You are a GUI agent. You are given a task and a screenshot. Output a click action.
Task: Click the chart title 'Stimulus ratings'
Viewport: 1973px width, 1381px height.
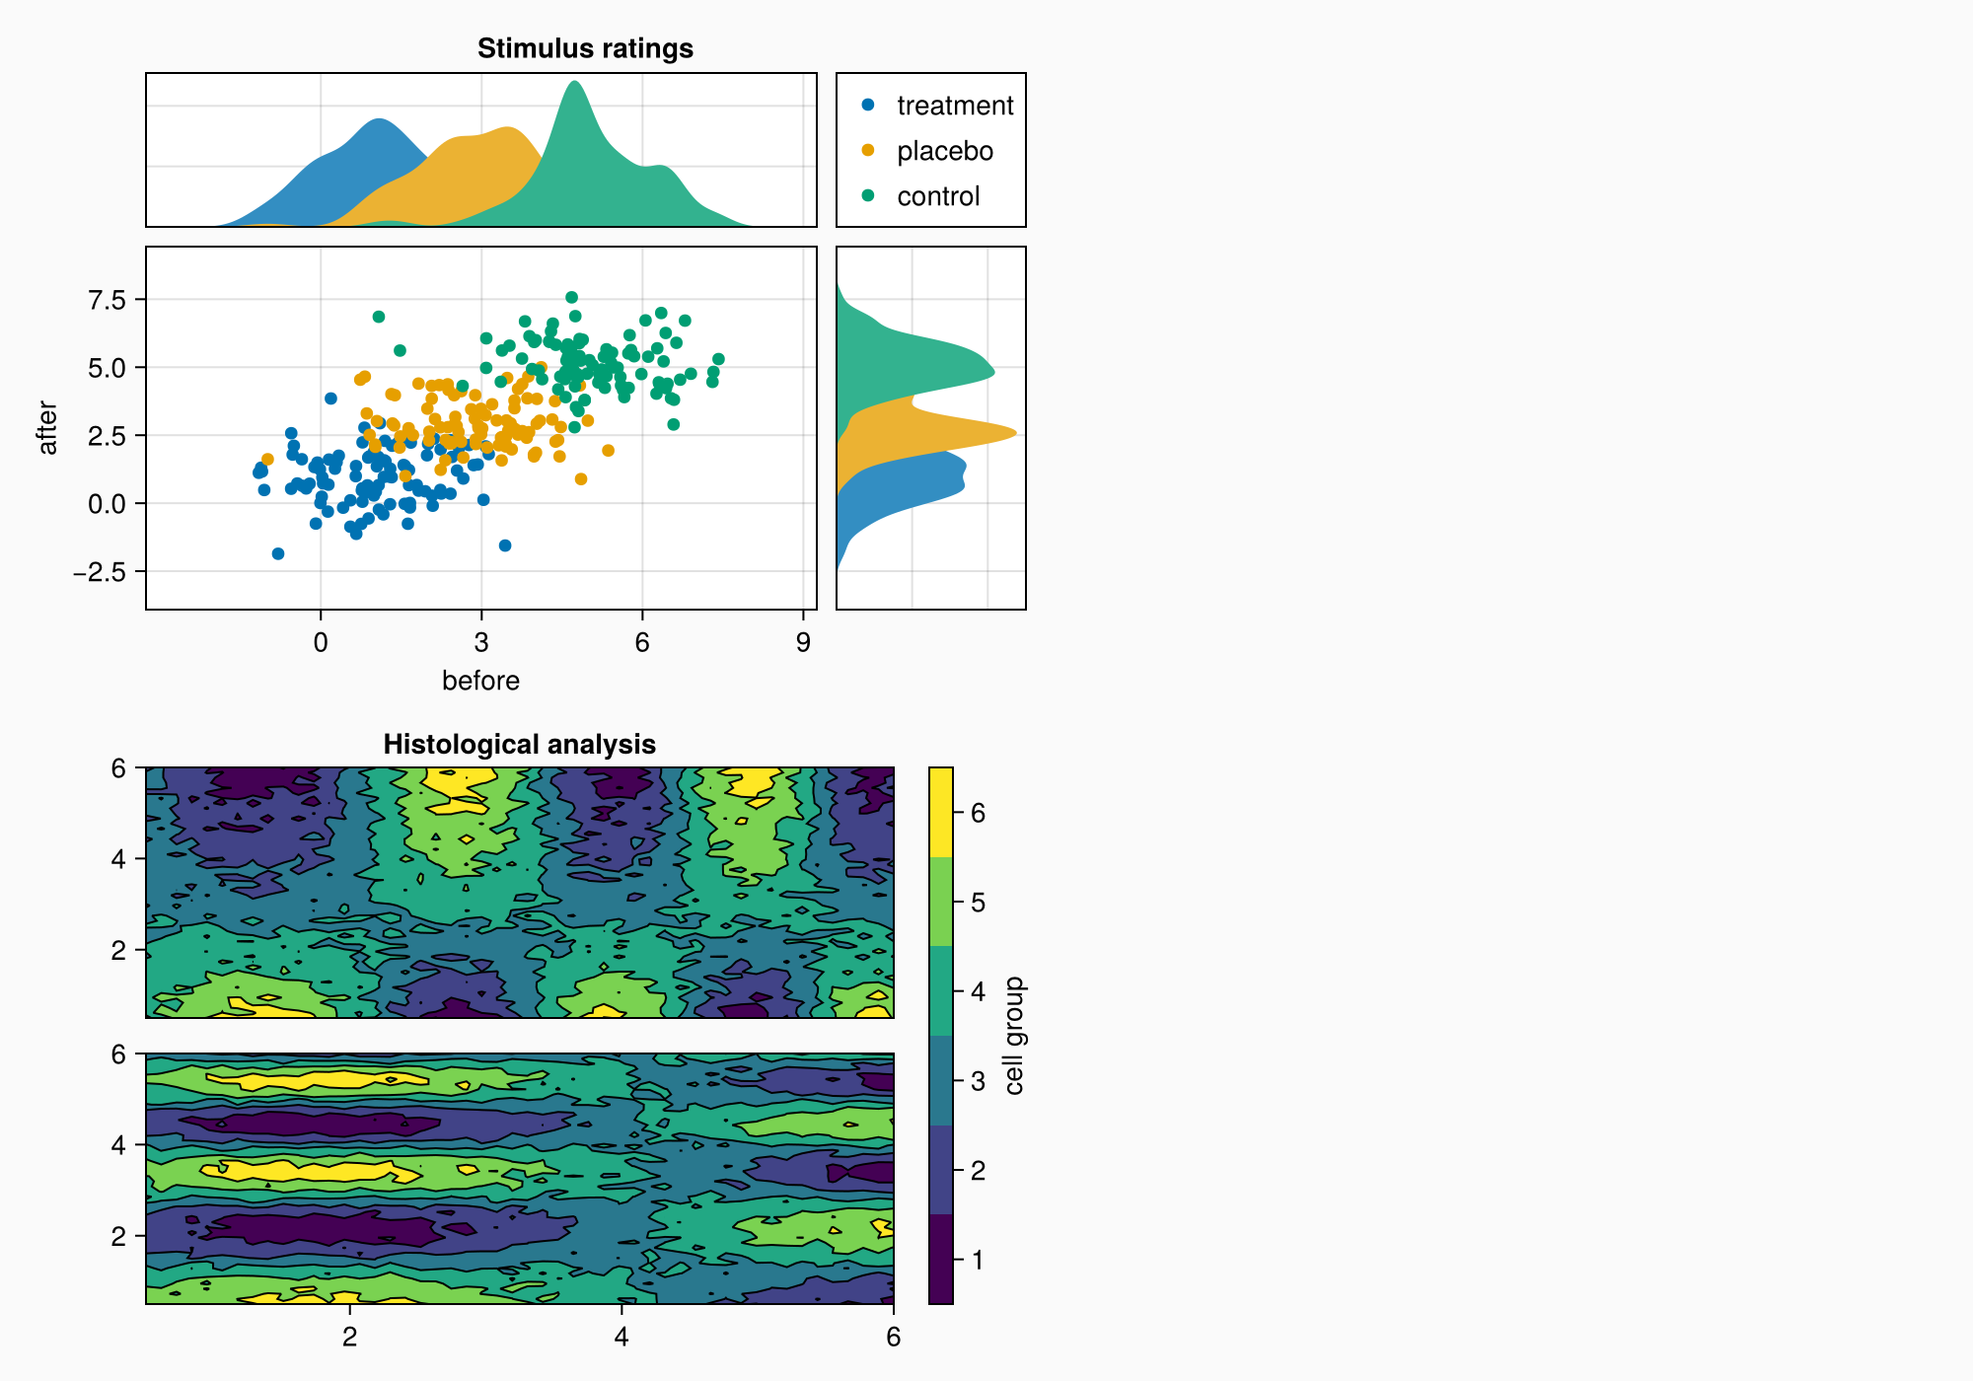(x=585, y=48)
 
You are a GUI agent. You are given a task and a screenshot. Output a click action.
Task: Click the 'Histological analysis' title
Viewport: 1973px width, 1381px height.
(x=519, y=744)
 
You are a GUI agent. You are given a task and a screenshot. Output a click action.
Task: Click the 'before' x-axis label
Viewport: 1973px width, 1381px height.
(x=480, y=681)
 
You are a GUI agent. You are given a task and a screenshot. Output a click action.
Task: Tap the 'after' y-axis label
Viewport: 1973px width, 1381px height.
(x=47, y=428)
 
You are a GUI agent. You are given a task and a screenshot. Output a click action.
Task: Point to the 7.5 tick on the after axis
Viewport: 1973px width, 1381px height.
(x=107, y=300)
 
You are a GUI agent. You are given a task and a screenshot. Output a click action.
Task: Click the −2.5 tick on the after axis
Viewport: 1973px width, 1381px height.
(x=101, y=572)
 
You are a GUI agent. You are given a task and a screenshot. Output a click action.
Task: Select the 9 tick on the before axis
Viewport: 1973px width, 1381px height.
(x=803, y=643)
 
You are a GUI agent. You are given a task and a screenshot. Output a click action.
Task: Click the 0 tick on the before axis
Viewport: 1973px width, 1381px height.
(x=321, y=643)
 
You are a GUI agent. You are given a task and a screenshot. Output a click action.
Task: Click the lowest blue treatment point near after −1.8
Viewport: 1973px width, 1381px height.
(x=278, y=553)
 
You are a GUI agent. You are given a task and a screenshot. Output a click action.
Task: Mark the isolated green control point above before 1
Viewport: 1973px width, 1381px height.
(x=379, y=317)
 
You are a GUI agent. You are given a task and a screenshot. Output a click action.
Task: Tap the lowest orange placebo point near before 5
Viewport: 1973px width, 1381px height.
(x=581, y=479)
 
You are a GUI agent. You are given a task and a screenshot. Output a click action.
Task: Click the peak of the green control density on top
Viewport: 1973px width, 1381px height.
(x=574, y=82)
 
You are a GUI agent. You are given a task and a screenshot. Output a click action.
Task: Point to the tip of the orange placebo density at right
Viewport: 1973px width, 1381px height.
(x=1015, y=433)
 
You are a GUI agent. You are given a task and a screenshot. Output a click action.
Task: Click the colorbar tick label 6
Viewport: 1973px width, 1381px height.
(x=978, y=813)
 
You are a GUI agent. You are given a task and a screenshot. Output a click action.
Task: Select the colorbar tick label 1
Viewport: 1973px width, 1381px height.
(x=978, y=1260)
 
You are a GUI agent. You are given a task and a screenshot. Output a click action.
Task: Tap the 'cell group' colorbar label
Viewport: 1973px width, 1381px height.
(x=1014, y=1036)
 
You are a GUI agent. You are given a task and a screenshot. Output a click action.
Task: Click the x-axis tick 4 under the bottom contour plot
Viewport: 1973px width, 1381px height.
(x=621, y=1337)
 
